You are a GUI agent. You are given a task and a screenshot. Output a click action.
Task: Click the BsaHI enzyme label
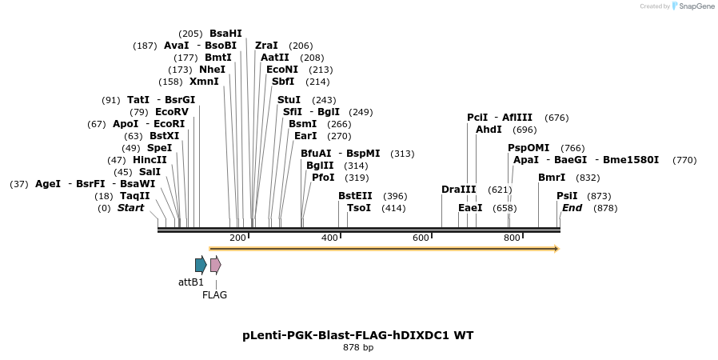click(225, 34)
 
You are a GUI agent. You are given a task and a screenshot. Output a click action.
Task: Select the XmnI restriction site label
click(204, 82)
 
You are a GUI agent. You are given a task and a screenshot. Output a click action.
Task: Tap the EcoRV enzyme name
click(172, 112)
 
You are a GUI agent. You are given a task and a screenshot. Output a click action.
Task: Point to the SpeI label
click(159, 148)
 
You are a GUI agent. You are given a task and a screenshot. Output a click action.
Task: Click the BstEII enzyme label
click(355, 196)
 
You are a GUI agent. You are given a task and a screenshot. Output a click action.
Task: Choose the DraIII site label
click(459, 190)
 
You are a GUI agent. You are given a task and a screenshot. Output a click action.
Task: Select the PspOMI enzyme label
click(529, 148)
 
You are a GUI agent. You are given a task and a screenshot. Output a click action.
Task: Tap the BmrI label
click(552, 178)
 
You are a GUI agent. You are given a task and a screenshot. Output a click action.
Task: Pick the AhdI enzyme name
click(489, 130)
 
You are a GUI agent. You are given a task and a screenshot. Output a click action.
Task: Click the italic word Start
click(131, 208)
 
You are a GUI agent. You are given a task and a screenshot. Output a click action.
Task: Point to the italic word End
click(572, 208)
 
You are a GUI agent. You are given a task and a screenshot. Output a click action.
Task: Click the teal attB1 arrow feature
click(201, 265)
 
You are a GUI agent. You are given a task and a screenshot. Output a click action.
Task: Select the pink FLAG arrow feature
click(215, 265)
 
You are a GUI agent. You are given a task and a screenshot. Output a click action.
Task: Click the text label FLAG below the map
click(214, 294)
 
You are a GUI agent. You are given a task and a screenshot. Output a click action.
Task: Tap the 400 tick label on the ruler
click(329, 238)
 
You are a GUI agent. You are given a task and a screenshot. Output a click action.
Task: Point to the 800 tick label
click(512, 238)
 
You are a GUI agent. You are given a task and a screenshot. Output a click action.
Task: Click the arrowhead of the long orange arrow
click(556, 249)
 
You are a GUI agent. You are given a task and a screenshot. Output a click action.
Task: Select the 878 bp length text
click(358, 348)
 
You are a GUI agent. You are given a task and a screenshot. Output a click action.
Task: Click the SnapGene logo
click(694, 6)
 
